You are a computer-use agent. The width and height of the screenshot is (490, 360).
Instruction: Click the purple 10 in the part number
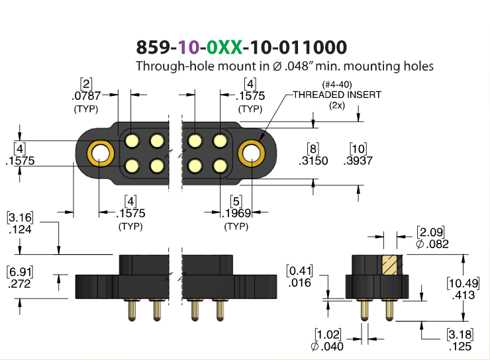[189, 47]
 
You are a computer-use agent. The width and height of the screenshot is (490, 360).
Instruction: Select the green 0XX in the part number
[224, 47]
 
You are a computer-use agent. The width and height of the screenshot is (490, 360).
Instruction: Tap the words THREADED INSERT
[337, 95]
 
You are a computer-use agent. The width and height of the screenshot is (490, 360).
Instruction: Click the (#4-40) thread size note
[337, 85]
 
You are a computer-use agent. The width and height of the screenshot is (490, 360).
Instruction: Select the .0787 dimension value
[86, 96]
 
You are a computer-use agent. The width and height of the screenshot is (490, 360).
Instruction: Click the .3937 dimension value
[358, 161]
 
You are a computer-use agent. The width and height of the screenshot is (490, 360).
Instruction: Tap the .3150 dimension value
[313, 161]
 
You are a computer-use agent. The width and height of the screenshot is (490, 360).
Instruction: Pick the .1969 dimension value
[236, 213]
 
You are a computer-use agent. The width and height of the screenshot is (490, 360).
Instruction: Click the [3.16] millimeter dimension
[20, 217]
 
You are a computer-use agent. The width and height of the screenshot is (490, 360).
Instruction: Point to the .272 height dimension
[19, 284]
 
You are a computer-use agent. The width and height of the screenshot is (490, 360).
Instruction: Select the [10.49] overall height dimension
[463, 283]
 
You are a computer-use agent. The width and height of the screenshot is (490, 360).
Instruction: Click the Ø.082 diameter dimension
[432, 244]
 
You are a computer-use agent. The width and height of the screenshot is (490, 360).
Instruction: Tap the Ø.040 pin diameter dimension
[327, 346]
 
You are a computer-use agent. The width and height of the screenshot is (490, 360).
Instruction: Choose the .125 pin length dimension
[460, 346]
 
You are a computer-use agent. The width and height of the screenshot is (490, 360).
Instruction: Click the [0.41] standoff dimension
[299, 271]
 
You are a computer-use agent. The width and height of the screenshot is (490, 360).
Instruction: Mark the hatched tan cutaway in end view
[390, 265]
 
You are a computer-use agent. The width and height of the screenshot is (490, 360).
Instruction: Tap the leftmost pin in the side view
[132, 310]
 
